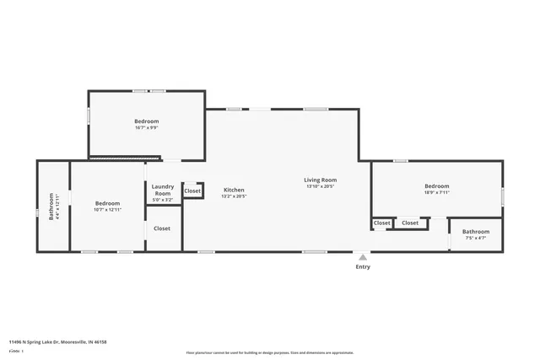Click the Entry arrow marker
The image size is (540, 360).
(363, 257)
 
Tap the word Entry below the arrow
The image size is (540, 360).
(363, 267)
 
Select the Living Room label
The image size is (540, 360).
(321, 180)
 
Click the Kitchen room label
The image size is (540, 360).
(234, 190)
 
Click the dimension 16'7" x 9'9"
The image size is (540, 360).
(147, 128)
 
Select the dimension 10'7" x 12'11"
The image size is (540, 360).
(107, 209)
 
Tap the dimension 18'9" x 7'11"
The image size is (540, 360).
(436, 192)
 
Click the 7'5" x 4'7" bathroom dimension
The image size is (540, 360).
(475, 238)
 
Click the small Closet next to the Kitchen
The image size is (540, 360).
(192, 191)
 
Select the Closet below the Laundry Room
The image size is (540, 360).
(162, 228)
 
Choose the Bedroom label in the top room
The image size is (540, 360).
(147, 121)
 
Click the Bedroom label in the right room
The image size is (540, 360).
(436, 185)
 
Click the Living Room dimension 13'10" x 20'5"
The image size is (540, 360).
(321, 186)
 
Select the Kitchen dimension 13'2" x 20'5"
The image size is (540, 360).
(234, 196)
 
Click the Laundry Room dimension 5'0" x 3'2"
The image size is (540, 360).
(162, 201)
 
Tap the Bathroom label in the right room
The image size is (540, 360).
(475, 231)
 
